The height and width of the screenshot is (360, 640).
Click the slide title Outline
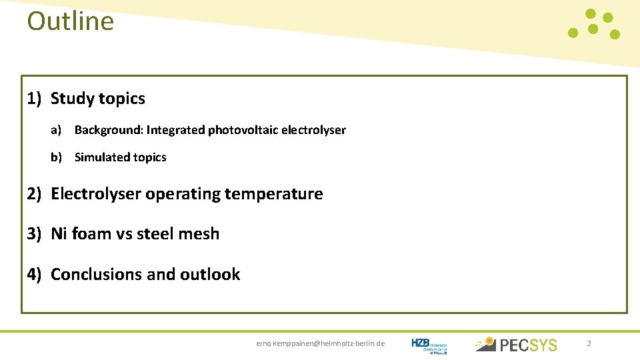(x=71, y=21)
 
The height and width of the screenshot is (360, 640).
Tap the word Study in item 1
(x=71, y=99)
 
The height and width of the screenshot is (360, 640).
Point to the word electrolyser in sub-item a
(x=313, y=130)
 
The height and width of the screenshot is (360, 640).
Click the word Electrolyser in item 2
(x=96, y=194)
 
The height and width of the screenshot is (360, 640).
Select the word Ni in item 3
(x=59, y=234)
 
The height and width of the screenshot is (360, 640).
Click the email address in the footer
(x=321, y=343)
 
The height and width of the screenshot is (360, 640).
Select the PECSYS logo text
(x=528, y=345)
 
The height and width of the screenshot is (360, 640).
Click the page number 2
(x=589, y=343)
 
